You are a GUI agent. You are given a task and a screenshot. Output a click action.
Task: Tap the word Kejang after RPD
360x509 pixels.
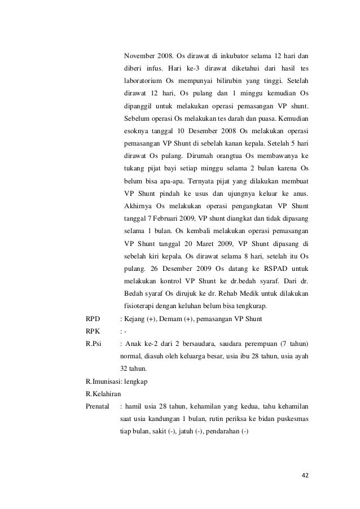(x=135, y=319)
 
